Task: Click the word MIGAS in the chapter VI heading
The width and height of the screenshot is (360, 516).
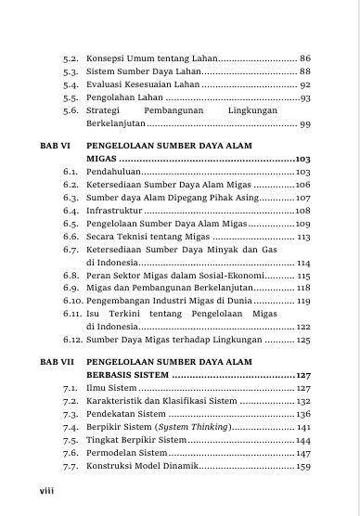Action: click(x=100, y=160)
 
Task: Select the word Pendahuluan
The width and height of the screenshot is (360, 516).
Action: click(x=114, y=173)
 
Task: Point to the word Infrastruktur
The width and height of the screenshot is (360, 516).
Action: click(x=113, y=212)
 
